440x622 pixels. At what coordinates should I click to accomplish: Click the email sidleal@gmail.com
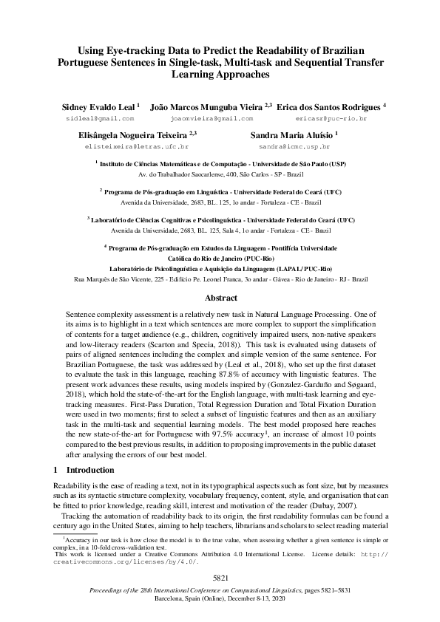100,118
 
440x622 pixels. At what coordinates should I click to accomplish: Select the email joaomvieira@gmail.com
211,118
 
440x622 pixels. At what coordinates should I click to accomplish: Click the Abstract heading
220,298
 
